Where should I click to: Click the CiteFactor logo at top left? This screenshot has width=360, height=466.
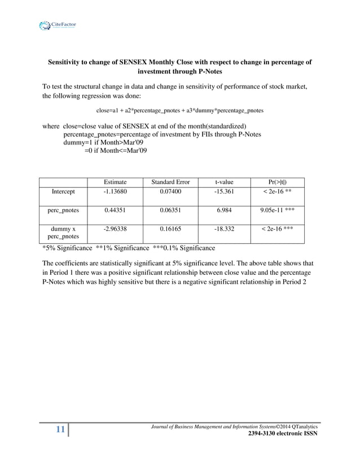pos(58,25)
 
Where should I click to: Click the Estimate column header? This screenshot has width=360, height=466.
pos(115,182)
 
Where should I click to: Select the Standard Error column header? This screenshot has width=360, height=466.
pos(170,182)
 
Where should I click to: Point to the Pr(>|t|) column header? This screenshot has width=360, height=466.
pos(277,182)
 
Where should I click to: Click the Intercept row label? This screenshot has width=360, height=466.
pos(63,192)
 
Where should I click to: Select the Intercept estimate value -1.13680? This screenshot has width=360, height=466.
pos(115,192)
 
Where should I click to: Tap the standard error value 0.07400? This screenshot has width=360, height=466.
pos(170,192)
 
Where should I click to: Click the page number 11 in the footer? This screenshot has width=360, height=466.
pos(60,430)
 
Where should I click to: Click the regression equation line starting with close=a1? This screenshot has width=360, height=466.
pos(173,111)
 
